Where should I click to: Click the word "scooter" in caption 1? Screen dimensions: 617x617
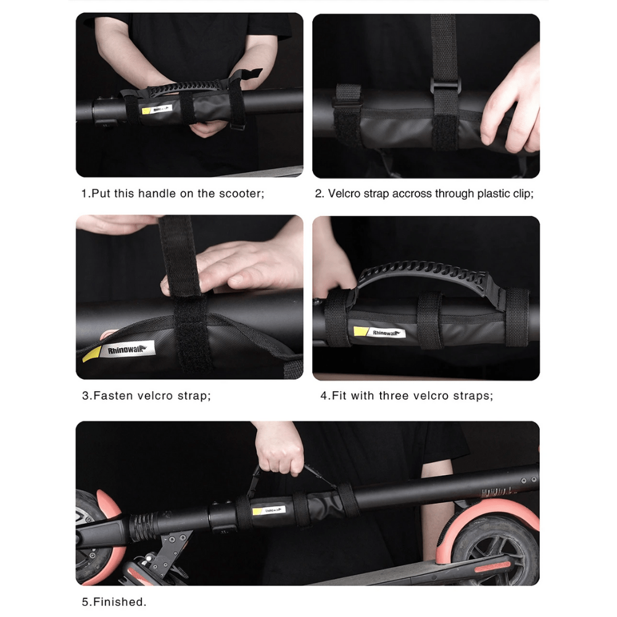click(240, 194)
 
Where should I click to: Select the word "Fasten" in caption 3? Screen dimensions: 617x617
click(114, 395)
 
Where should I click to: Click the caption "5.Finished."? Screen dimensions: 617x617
click(114, 602)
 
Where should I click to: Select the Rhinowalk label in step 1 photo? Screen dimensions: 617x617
click(157, 109)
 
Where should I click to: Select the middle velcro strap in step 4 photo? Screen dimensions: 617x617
click(429, 320)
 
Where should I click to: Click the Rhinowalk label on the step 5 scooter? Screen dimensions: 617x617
click(269, 510)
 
